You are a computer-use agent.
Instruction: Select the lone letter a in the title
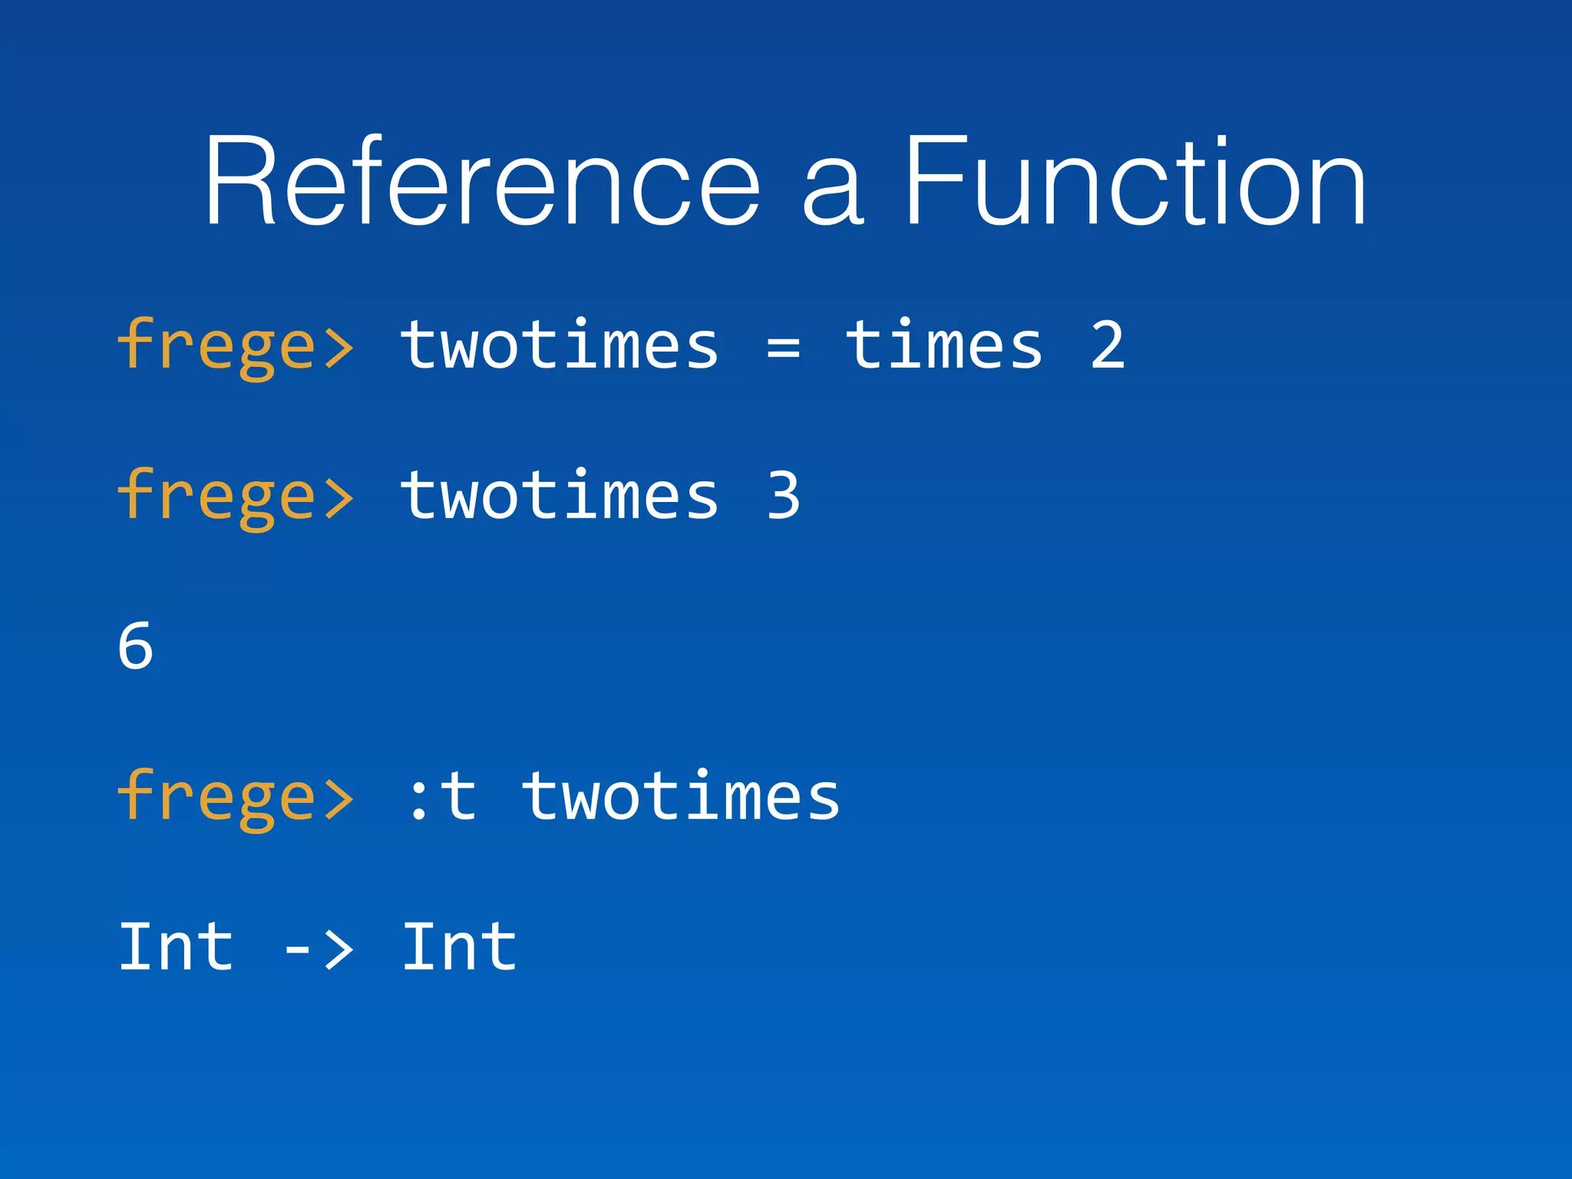(x=833, y=192)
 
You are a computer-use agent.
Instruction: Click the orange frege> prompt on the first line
(x=235, y=347)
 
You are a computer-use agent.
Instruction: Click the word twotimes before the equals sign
(x=560, y=345)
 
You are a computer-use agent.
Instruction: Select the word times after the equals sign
(x=944, y=345)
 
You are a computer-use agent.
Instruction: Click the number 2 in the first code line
(x=1107, y=345)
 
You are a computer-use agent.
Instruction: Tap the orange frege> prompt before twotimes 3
(x=235, y=497)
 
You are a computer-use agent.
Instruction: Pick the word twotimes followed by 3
(x=560, y=496)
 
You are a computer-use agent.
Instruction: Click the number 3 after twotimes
(x=783, y=496)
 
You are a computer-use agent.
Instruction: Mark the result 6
(x=136, y=646)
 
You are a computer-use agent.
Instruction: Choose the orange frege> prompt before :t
(x=235, y=798)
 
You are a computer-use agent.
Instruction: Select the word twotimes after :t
(x=682, y=797)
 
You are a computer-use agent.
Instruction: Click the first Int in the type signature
(x=176, y=947)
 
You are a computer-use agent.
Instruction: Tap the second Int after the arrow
(x=459, y=947)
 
